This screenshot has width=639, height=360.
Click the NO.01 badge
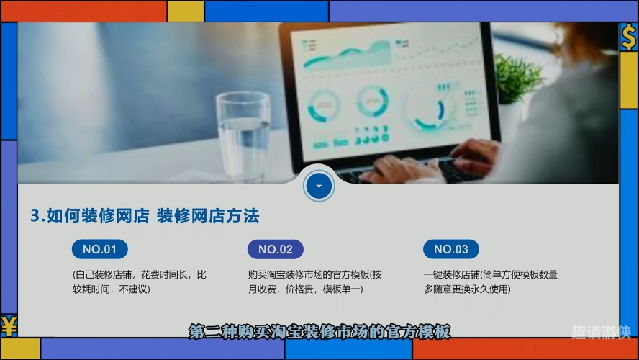tap(100, 249)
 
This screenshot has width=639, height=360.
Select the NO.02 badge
tap(276, 249)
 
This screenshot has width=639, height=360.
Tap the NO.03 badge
tap(451, 249)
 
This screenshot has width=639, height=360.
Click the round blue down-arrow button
tap(319, 186)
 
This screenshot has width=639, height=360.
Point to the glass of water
tap(243, 136)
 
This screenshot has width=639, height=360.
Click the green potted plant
tap(517, 78)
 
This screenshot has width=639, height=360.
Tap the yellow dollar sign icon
tap(629, 37)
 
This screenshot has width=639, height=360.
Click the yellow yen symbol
tap(9, 325)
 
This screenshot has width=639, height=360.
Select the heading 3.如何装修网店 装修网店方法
tap(145, 216)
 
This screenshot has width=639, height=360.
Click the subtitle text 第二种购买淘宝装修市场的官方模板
tap(320, 332)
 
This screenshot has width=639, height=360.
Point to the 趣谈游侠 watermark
tap(601, 332)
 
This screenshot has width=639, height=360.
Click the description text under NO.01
tap(140, 282)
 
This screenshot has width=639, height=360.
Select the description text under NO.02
tap(315, 282)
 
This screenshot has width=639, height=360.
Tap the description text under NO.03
tap(491, 282)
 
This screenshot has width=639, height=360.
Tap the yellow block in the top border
tap(186, 11)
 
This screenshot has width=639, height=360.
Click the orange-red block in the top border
tap(84, 11)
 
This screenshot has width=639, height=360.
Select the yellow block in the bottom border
tap(20, 348)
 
